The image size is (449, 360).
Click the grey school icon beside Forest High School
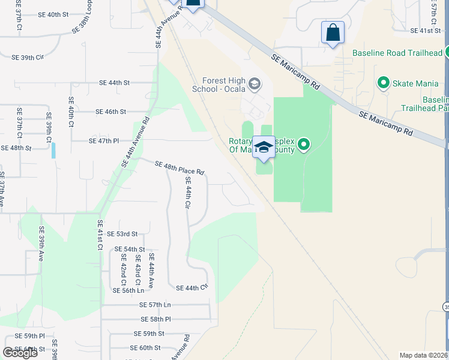click(255, 83)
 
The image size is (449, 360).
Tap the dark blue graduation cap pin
click(264, 148)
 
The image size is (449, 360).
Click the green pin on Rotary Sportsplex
click(304, 144)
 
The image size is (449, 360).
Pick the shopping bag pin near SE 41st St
click(333, 33)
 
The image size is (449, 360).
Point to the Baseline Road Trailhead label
click(397, 53)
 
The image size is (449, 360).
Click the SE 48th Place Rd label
click(179, 168)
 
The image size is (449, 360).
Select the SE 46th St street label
click(111, 112)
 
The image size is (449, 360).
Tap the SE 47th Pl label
click(104, 140)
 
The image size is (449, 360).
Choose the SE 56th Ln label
click(128, 290)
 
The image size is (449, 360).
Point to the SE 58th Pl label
click(156, 320)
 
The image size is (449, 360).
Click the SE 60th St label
click(145, 347)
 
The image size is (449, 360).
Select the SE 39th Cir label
click(28, 58)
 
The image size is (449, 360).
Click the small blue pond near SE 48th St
click(53, 150)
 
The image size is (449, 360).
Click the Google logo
click(20, 353)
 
